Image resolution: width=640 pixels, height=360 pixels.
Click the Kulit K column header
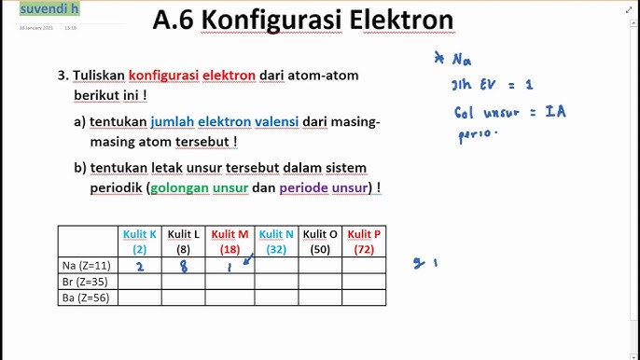pyautogui.click(x=140, y=241)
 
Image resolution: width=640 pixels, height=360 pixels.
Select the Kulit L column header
pyautogui.click(x=184, y=241)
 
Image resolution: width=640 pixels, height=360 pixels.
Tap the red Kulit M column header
pyautogui.click(x=230, y=241)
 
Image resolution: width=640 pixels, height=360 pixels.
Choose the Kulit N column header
pyautogui.click(x=276, y=241)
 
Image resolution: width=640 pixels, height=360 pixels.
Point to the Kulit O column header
pyautogui.click(x=320, y=241)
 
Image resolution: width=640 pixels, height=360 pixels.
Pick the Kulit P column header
pyautogui.click(x=364, y=241)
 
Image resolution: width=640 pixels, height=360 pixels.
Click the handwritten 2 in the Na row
pyautogui.click(x=139, y=266)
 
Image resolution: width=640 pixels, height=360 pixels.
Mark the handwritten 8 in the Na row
pyautogui.click(x=183, y=266)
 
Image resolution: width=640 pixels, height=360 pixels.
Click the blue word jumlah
pyautogui.click(x=172, y=121)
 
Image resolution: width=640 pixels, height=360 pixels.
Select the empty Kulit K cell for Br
pyautogui.click(x=140, y=282)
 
